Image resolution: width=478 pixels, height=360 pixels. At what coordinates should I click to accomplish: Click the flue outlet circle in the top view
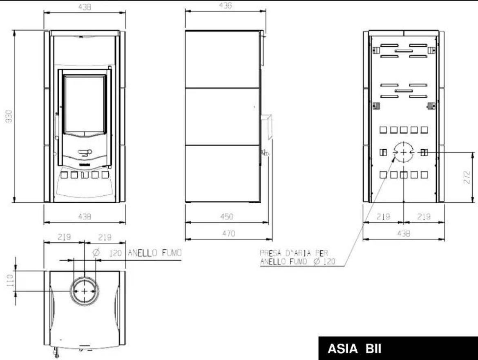coord(85,291)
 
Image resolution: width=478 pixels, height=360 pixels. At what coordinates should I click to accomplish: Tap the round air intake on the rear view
coord(403,152)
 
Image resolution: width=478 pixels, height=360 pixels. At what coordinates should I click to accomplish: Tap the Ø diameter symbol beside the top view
coord(96,253)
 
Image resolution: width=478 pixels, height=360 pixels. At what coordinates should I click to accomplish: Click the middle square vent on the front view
coord(85,175)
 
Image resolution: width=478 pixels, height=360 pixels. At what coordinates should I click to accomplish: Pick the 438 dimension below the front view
coord(84,217)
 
